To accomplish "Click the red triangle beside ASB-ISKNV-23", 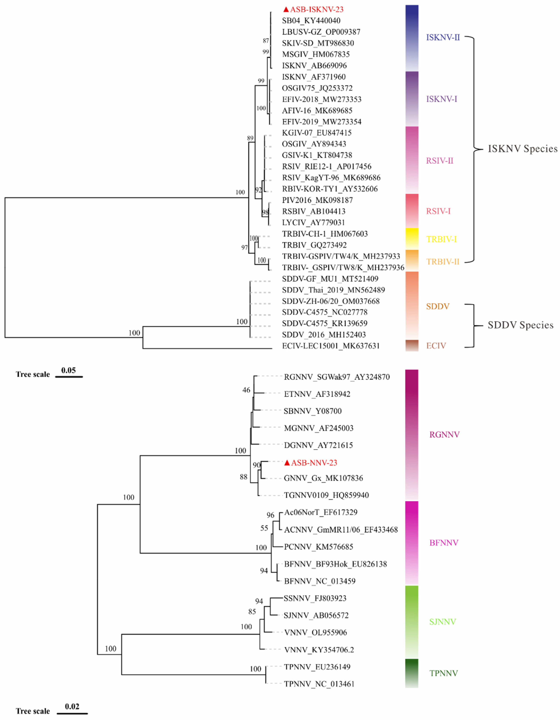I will coord(286,10).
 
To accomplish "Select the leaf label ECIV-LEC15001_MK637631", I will coord(331,346).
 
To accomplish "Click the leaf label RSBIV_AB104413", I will coord(314,211).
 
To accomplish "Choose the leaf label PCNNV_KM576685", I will coord(318,547).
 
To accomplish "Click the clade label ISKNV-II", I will coord(443,37).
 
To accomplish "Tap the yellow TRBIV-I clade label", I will coord(441,239).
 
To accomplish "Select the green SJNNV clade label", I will coord(442,622).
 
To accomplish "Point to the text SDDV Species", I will coord(520,325).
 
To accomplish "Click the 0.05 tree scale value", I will coord(69,370).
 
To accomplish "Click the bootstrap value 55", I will coord(264,528).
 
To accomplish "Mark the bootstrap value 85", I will coord(252,612).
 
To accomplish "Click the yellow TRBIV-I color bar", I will coord(412,239).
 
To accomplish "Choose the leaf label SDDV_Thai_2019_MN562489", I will coord(333,290).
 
